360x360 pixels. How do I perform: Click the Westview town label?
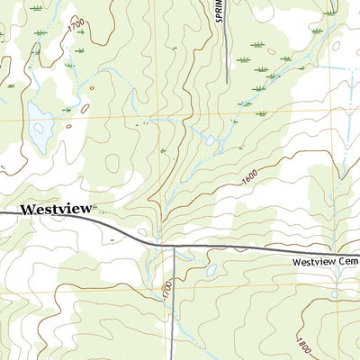click(x=56, y=208)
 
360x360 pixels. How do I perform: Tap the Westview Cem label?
click(x=324, y=262)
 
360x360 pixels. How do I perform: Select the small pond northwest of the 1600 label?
click(x=210, y=140)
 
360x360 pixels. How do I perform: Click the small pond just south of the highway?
click(x=210, y=269)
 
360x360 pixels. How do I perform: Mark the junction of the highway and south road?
click(x=173, y=246)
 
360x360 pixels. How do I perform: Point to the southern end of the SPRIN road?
click(x=227, y=84)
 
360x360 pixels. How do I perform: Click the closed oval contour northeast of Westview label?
click(x=112, y=163)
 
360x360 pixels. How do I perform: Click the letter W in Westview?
click(x=27, y=208)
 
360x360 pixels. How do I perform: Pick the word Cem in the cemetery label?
click(x=347, y=262)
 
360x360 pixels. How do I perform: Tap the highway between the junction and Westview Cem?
click(x=234, y=247)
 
